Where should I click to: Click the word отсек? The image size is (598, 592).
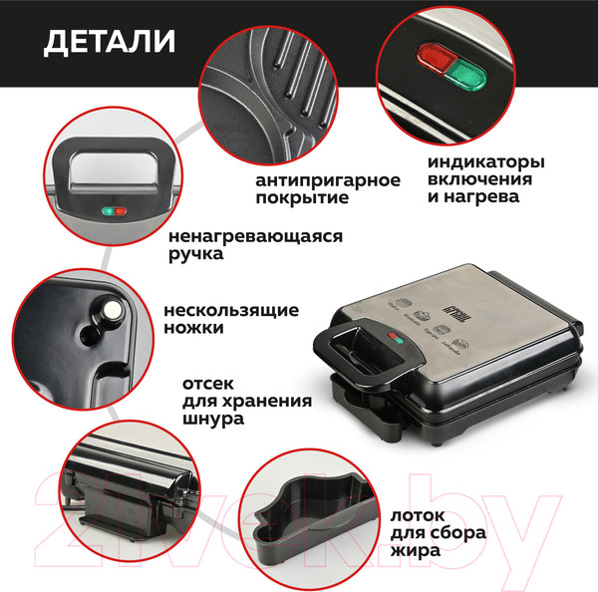point(209,383)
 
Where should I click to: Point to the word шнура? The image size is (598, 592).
point(213,420)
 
